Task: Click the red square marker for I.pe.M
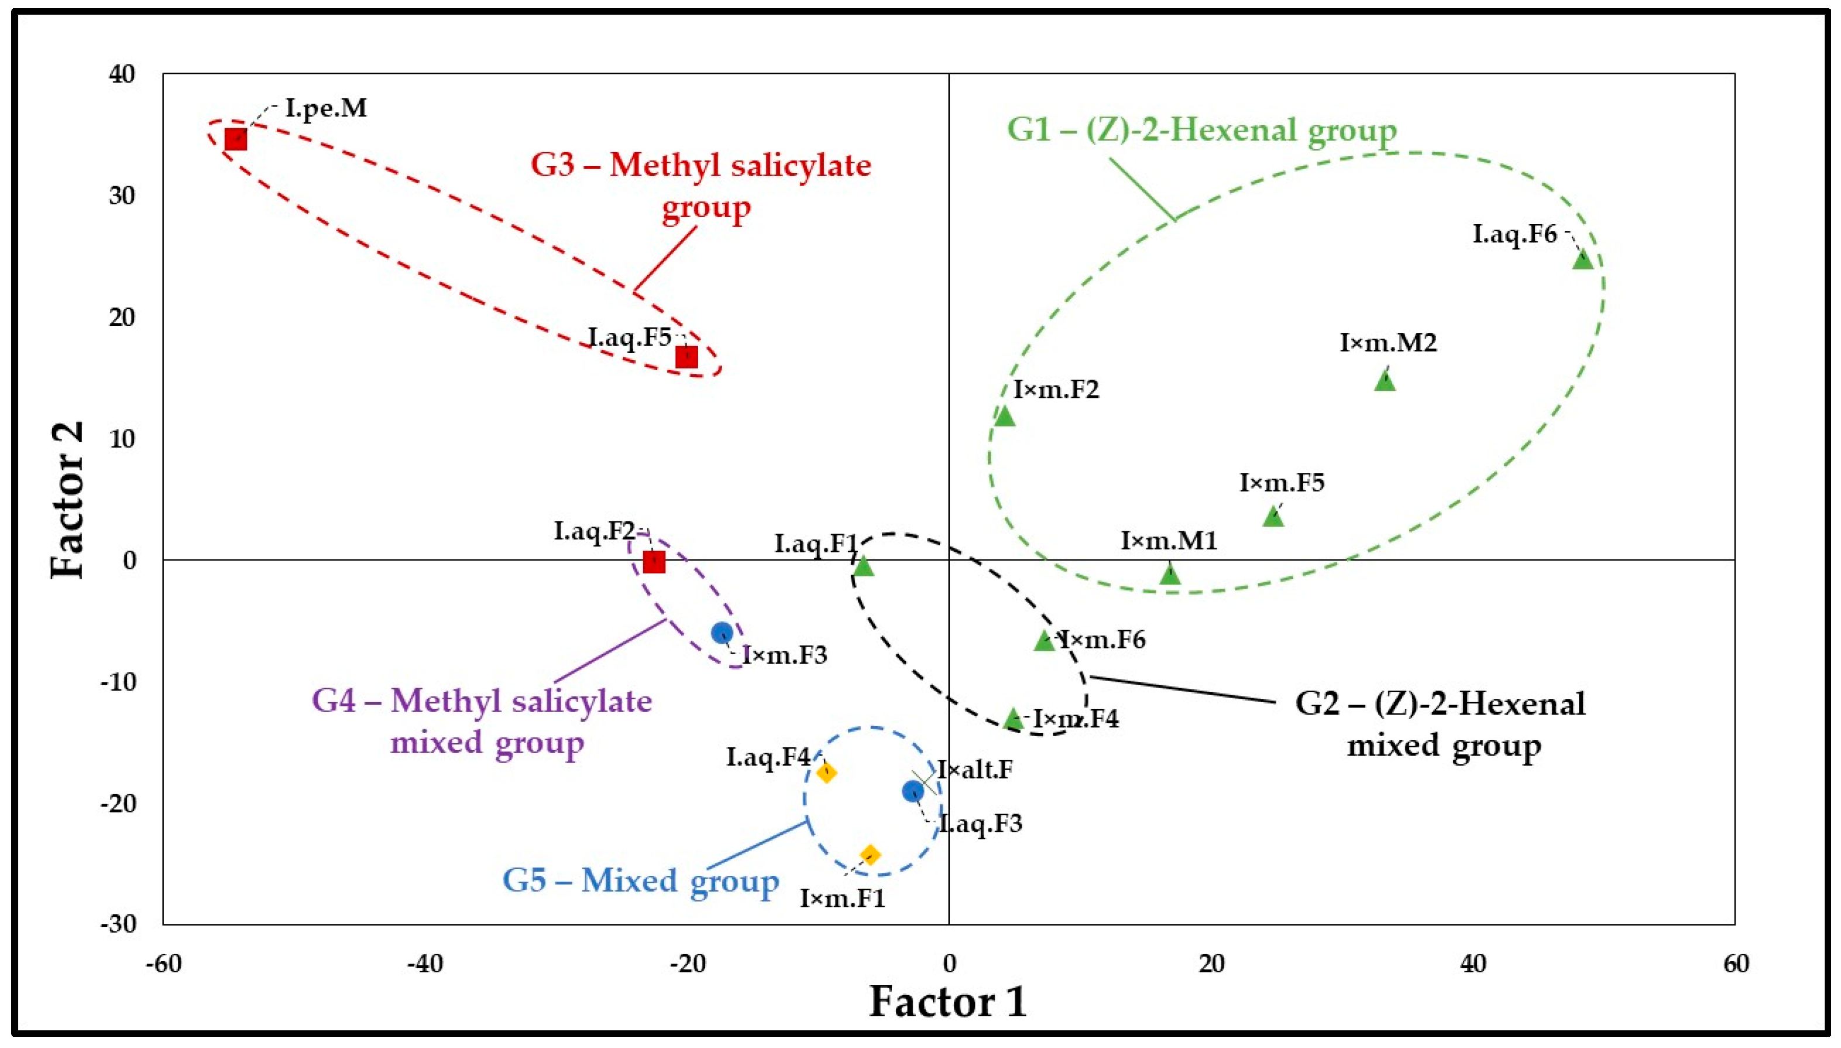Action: tap(235, 140)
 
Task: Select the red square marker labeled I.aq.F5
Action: tap(686, 356)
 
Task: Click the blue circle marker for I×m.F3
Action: tap(722, 633)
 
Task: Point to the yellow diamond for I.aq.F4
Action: tap(826, 772)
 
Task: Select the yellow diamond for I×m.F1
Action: tap(870, 855)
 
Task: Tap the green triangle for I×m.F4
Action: tap(1014, 717)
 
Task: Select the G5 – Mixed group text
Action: tap(640, 880)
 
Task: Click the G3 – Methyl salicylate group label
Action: tap(701, 185)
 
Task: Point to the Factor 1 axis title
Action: tap(948, 1001)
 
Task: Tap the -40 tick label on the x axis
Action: tap(425, 963)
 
